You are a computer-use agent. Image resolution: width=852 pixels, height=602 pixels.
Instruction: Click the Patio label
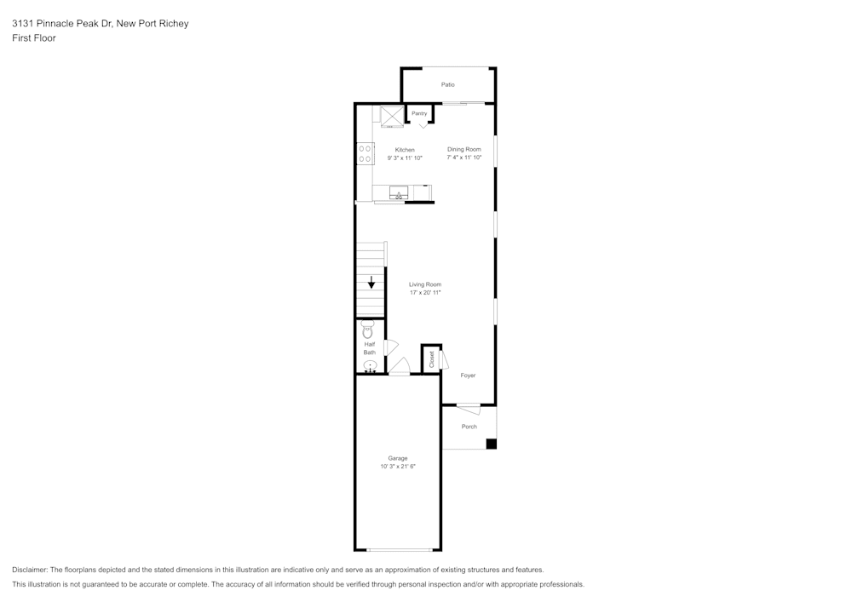(x=447, y=84)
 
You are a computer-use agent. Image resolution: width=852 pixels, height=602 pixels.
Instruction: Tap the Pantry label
(x=419, y=113)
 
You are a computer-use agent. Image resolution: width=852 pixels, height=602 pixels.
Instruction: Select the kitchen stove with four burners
(x=365, y=153)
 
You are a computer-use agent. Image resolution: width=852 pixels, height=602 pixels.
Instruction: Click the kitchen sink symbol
(x=399, y=195)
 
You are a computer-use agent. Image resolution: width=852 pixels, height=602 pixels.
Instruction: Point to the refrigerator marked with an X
(x=392, y=116)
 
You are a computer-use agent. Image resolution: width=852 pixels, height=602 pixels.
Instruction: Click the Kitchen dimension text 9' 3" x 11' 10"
(x=405, y=158)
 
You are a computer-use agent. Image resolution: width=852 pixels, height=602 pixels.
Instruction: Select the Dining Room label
(x=464, y=149)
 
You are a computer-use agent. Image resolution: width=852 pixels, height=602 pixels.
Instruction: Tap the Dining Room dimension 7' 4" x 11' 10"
(x=464, y=158)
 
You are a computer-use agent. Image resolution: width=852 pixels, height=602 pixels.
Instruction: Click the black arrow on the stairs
(x=371, y=283)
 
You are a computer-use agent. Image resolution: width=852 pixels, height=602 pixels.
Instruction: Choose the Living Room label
(x=425, y=284)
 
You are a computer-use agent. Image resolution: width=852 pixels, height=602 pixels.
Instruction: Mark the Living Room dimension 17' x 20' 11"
(x=425, y=293)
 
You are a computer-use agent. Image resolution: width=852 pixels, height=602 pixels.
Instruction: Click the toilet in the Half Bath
(x=368, y=329)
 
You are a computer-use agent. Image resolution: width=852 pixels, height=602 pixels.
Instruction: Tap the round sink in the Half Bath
(x=370, y=366)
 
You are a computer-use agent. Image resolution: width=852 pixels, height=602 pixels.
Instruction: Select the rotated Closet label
(x=432, y=359)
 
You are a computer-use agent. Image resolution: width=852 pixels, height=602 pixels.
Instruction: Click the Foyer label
(x=468, y=376)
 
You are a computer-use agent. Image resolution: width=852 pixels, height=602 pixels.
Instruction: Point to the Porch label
(x=469, y=427)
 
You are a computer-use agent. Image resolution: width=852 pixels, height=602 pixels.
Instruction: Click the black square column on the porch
(x=491, y=444)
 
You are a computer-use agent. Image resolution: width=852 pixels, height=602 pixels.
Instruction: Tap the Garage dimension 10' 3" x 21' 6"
(x=398, y=467)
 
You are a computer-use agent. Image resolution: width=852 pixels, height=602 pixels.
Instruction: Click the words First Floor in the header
(x=34, y=38)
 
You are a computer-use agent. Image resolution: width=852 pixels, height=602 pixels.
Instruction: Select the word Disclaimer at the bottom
(x=30, y=570)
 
